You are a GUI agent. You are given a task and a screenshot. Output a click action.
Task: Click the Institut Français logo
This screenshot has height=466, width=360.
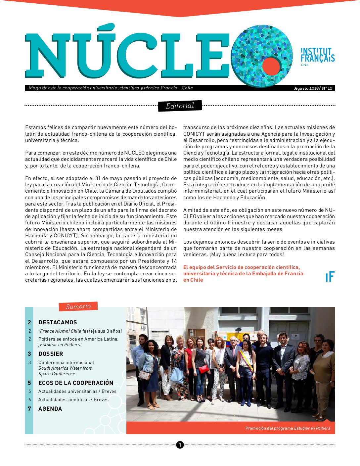tap(317, 55)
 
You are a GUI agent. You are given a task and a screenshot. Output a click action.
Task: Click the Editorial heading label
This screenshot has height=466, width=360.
tap(180, 106)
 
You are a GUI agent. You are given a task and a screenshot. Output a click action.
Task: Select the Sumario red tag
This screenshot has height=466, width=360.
tap(78, 306)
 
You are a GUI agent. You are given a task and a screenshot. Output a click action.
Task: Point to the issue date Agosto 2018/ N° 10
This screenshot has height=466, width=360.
tap(313, 88)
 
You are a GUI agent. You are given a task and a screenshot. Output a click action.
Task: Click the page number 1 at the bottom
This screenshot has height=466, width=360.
tap(180, 445)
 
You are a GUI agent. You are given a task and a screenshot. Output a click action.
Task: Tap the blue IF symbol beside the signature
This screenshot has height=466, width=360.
tap(330, 277)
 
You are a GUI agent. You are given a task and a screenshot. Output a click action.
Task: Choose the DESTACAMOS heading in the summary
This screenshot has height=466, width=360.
tap(58, 322)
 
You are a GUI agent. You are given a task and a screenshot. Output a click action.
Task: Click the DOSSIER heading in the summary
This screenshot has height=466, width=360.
tap(51, 354)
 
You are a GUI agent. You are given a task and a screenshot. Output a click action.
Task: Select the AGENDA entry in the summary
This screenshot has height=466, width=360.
tap(50, 409)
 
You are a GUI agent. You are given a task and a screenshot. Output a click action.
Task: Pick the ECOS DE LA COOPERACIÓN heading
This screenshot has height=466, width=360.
tap(76, 383)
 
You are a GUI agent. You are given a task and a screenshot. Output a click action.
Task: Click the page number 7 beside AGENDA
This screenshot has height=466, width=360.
tap(29, 409)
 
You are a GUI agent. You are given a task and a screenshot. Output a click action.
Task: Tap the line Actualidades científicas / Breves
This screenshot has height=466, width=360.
tap(73, 399)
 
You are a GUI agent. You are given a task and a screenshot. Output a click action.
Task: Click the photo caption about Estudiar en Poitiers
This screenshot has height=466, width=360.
tap(288, 428)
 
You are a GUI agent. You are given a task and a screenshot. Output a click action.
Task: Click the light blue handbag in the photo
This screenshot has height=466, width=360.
tap(177, 376)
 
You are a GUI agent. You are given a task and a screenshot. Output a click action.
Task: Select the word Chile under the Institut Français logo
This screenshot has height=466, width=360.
tap(304, 65)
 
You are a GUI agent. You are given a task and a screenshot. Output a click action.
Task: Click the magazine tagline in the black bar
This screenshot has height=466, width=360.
tap(111, 88)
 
